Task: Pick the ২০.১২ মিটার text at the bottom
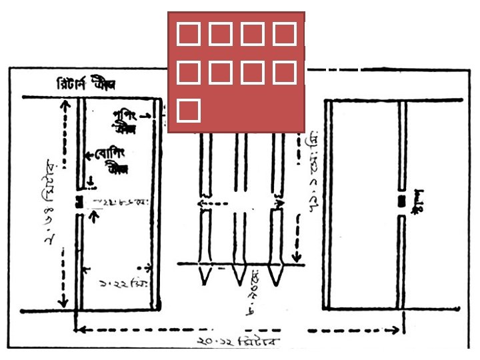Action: [x=239, y=341]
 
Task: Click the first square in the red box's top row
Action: [x=187, y=33]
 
